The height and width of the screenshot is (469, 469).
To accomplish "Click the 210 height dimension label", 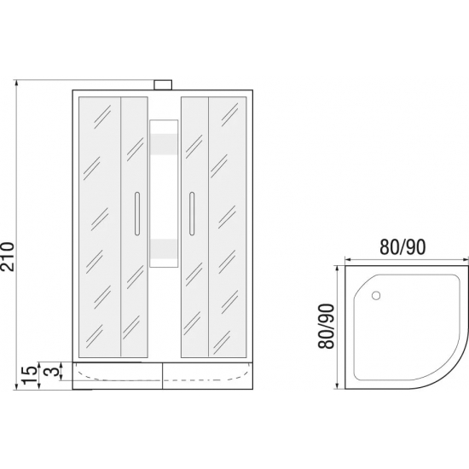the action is [7, 257].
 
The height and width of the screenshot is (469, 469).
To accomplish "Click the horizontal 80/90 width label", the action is [402, 247].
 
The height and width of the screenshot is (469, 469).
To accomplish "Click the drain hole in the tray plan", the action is [376, 295].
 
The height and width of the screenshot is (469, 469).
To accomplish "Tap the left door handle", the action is [137, 213].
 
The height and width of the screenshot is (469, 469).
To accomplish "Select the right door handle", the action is [192, 213].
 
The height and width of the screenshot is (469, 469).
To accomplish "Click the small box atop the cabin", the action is [163, 85].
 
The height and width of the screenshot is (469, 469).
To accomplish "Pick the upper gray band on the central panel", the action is [164, 144].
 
